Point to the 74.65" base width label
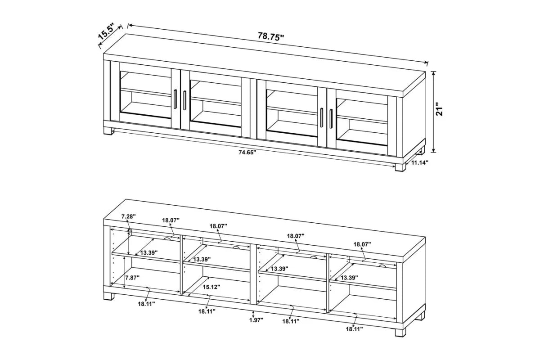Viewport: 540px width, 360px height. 247,153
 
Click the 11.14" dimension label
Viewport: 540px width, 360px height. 419,163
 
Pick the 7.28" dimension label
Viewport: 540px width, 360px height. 128,217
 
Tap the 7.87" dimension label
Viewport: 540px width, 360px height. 132,277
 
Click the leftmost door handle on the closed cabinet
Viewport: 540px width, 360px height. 175,99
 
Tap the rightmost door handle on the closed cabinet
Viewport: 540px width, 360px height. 331,118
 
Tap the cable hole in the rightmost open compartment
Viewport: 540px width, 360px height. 382,265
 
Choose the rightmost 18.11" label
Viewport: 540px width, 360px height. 354,329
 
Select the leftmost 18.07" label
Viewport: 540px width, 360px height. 171,220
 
